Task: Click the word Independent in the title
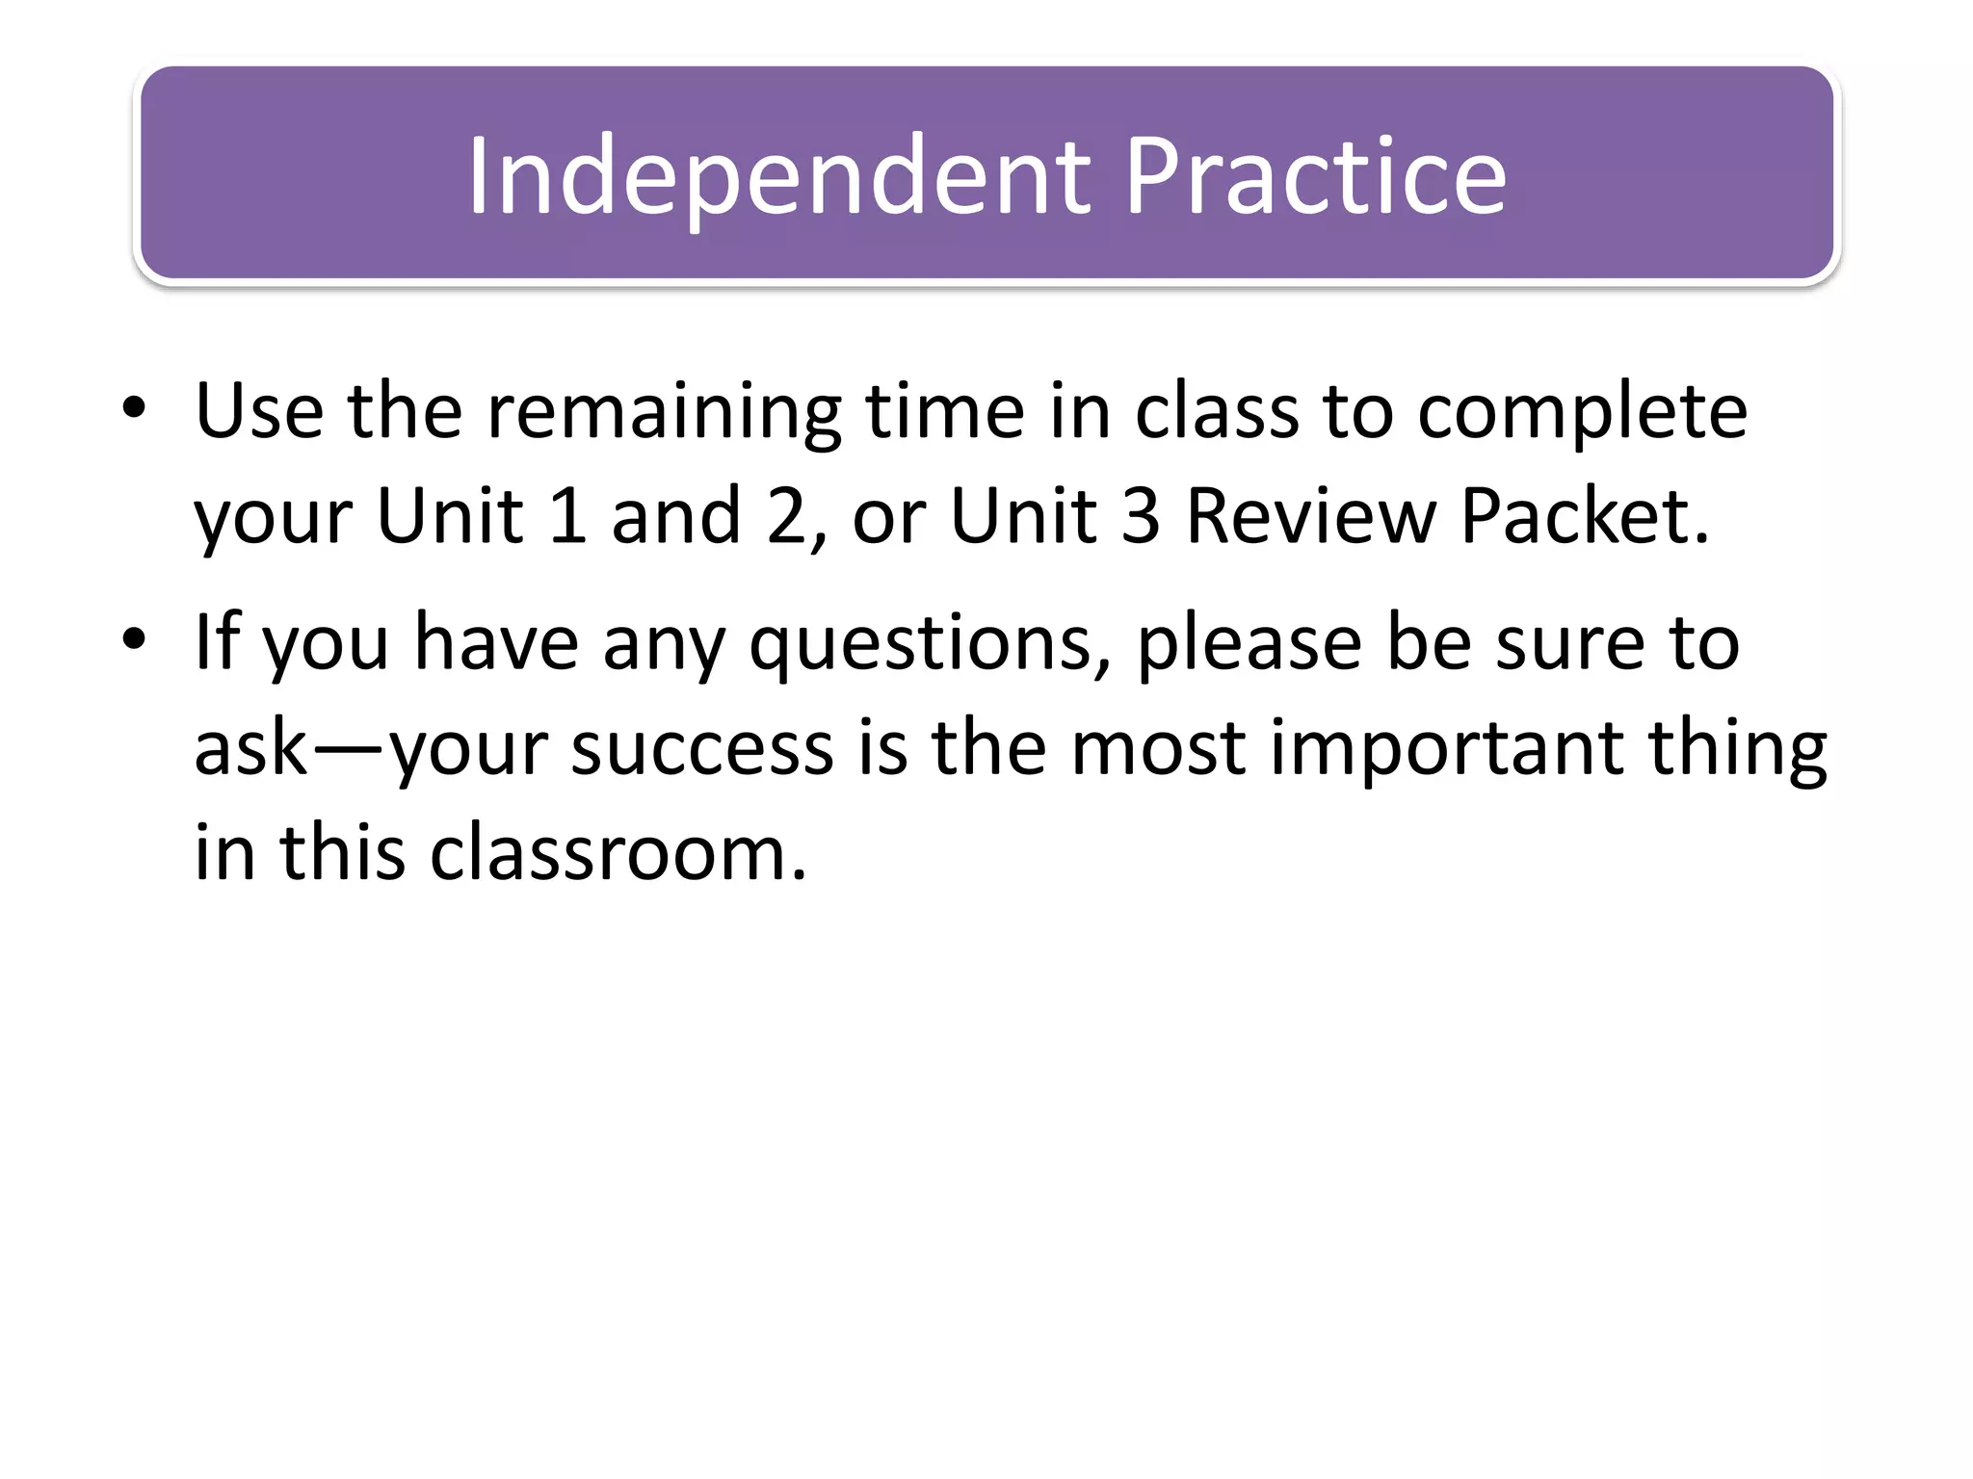778,176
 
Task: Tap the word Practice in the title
1314,176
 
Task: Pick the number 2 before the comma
785,516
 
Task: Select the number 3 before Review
1141,516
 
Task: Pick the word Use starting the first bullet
259,411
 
